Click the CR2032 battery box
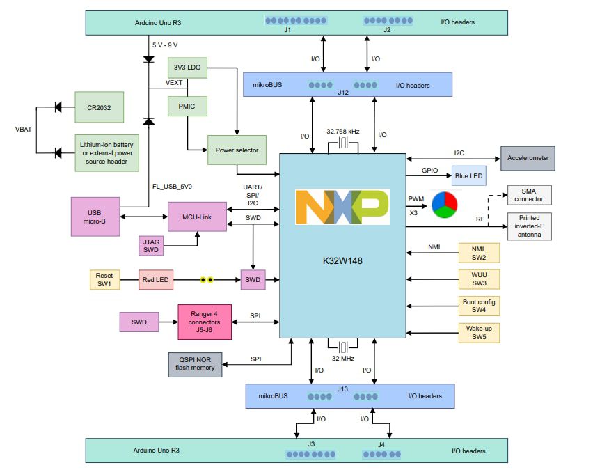[99, 107]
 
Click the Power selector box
[237, 150]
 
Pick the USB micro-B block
[95, 216]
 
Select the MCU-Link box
[197, 216]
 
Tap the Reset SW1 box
[105, 280]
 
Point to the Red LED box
[156, 280]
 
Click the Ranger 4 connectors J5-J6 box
[205, 322]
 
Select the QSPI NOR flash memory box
[195, 364]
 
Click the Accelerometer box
[528, 158]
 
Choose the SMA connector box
[529, 195]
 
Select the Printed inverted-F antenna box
[529, 226]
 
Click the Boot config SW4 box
[478, 305]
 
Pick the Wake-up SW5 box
[478, 333]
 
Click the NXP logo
[342, 206]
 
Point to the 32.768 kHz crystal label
[343, 131]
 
